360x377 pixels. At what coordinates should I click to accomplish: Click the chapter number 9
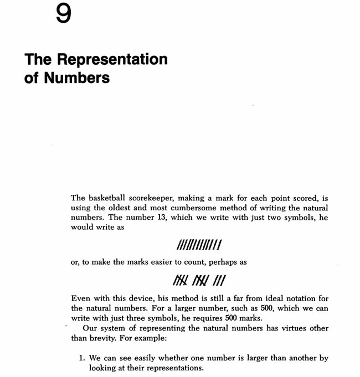(x=64, y=14)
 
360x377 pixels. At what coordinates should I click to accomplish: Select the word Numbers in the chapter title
(x=75, y=78)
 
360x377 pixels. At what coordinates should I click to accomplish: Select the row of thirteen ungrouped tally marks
(x=199, y=244)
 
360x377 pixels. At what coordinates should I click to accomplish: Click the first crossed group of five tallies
(x=181, y=281)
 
